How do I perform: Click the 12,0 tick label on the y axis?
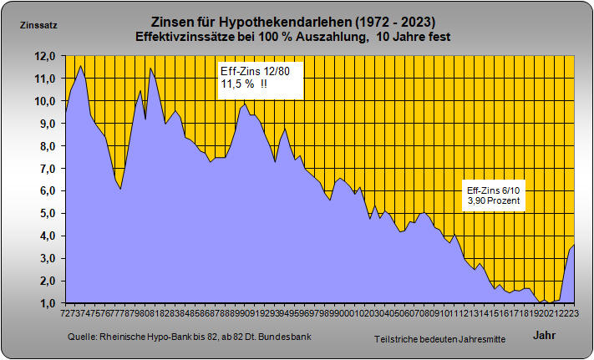[x=45, y=56]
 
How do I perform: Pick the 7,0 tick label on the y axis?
[x=45, y=169]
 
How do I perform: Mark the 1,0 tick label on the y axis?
[x=45, y=304]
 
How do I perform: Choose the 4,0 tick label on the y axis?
[x=45, y=236]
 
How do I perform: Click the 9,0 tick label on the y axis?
[x=45, y=124]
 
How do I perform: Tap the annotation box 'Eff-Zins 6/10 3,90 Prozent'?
[x=493, y=197]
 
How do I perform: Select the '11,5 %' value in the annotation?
[x=238, y=85]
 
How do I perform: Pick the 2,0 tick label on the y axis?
[x=45, y=281]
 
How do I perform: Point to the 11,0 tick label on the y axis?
[x=45, y=79]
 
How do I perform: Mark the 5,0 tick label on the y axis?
[x=45, y=214]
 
